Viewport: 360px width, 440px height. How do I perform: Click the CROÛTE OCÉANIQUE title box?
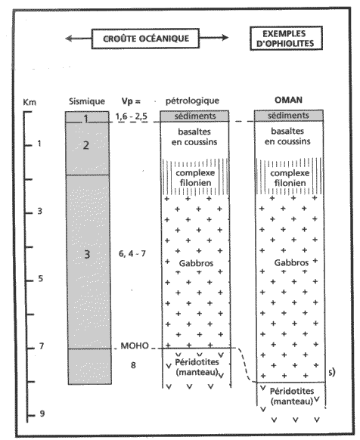[x=145, y=39]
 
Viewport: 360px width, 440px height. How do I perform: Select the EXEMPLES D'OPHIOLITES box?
[x=286, y=39]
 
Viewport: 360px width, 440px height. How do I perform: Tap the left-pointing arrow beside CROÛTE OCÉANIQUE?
[x=79, y=38]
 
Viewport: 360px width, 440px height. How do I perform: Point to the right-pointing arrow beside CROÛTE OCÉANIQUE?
[x=214, y=38]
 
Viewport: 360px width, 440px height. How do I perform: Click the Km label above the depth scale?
[x=29, y=102]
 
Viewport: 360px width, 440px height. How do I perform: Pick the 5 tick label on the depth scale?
[x=40, y=279]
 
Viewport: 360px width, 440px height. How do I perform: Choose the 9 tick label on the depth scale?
[x=42, y=414]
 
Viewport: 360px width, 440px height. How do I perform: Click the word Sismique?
[x=87, y=101]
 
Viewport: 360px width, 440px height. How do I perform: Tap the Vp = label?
[x=131, y=101]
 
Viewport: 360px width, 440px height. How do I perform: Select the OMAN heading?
[x=288, y=100]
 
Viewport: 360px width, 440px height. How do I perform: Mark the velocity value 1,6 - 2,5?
[x=132, y=116]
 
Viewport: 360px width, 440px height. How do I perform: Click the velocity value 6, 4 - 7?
[x=132, y=254]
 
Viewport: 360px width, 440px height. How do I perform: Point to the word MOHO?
[x=135, y=345]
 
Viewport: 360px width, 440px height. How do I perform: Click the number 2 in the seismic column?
[x=86, y=145]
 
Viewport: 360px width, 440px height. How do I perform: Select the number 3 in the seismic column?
[x=87, y=254]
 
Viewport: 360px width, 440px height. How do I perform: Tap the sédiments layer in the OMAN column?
[x=289, y=116]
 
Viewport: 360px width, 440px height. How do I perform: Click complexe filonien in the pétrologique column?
[x=195, y=178]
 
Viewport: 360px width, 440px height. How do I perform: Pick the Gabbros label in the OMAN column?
[x=291, y=262]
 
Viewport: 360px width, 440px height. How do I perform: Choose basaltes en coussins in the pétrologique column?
[x=194, y=137]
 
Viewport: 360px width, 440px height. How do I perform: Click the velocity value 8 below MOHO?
[x=133, y=365]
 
